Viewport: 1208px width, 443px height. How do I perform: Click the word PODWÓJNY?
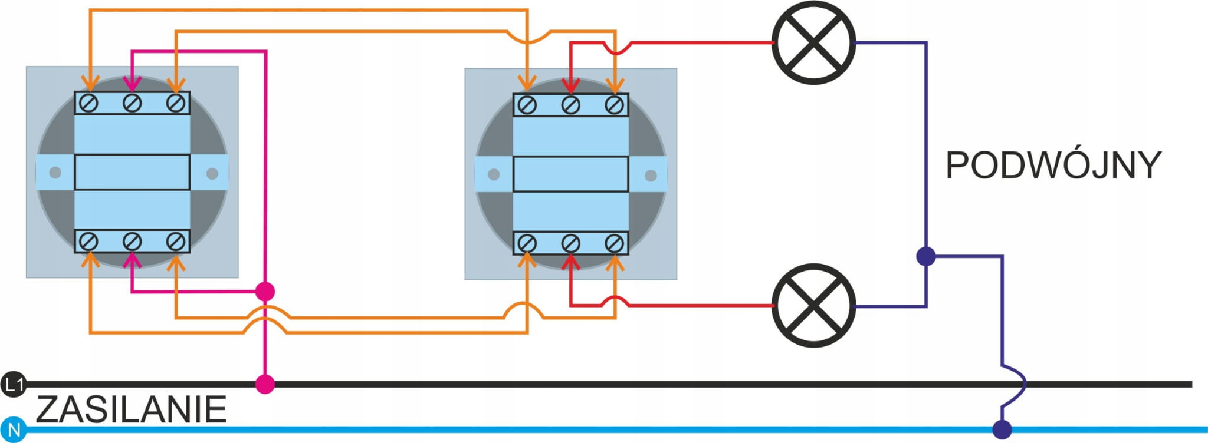(1053, 166)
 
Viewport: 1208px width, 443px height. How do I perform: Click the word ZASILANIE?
(131, 409)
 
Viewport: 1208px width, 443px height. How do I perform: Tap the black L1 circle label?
(12, 385)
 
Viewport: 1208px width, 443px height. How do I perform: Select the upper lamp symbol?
(813, 42)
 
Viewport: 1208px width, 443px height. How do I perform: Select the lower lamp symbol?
(813, 305)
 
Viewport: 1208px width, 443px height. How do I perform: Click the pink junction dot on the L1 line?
(265, 384)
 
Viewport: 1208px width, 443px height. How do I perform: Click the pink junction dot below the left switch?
(265, 291)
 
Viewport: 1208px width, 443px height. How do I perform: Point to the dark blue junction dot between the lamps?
(926, 256)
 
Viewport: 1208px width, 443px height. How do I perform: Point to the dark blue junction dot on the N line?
(1002, 429)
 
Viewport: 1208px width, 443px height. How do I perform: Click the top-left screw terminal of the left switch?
(89, 104)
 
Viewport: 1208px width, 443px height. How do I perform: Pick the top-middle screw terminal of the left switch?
(132, 104)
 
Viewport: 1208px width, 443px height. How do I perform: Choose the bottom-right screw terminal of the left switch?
(175, 242)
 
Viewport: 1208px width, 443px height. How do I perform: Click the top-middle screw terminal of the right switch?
(570, 105)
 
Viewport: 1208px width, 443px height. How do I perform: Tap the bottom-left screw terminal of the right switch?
(527, 243)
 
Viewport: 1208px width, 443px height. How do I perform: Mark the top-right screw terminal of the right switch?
(614, 105)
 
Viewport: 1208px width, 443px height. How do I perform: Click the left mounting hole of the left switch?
(55, 173)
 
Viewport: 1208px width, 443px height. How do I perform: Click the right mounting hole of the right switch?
(651, 176)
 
